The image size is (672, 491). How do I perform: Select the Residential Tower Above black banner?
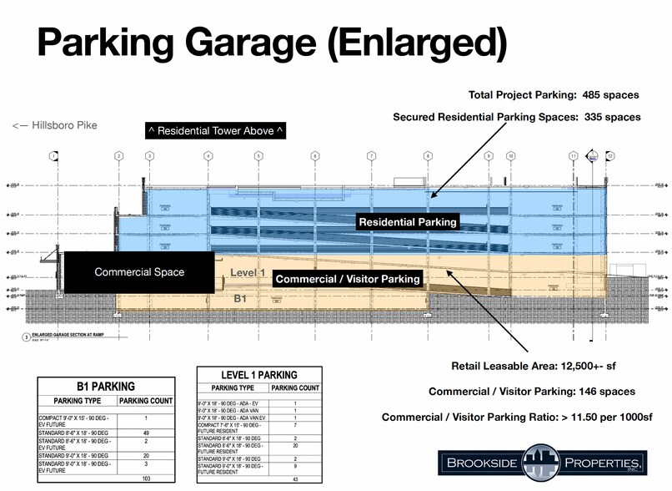point(214,131)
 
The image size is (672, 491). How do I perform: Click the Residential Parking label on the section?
point(408,222)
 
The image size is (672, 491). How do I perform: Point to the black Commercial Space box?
point(139,272)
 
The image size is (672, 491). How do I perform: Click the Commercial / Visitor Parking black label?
point(348,279)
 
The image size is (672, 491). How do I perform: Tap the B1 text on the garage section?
point(241,297)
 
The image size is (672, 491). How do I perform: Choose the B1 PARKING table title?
point(105,387)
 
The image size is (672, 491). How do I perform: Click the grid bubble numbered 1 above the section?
point(53,156)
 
